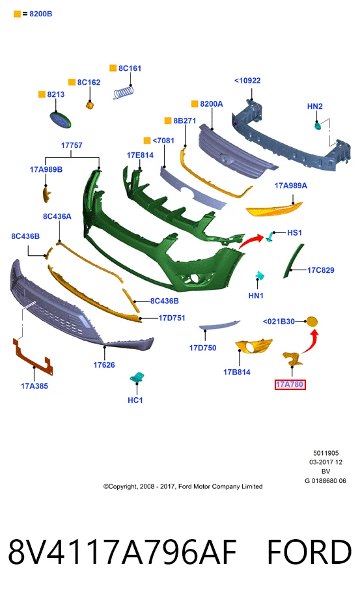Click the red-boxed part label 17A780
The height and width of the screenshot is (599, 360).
click(x=290, y=384)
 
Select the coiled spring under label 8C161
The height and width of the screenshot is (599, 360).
click(x=124, y=93)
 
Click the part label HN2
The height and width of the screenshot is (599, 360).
click(x=315, y=106)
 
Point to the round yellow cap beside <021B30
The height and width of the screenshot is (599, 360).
click(x=312, y=322)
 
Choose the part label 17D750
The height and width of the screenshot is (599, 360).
click(x=202, y=348)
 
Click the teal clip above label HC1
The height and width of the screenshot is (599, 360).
click(x=136, y=378)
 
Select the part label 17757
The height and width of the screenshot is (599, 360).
click(x=72, y=145)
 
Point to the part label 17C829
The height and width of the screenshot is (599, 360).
click(x=321, y=270)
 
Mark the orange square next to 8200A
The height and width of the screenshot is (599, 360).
click(x=195, y=104)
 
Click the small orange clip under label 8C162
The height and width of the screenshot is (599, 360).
click(x=90, y=105)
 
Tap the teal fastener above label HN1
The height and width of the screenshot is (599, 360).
click(x=260, y=276)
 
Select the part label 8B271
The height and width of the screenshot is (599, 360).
click(x=185, y=120)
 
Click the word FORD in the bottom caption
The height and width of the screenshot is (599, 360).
click(x=309, y=552)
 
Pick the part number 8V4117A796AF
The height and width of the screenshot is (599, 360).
click(x=122, y=552)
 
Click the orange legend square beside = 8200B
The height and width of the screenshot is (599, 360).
click(x=17, y=14)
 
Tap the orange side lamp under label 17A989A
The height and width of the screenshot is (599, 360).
click(x=274, y=208)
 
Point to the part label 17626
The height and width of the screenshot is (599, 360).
click(x=104, y=365)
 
